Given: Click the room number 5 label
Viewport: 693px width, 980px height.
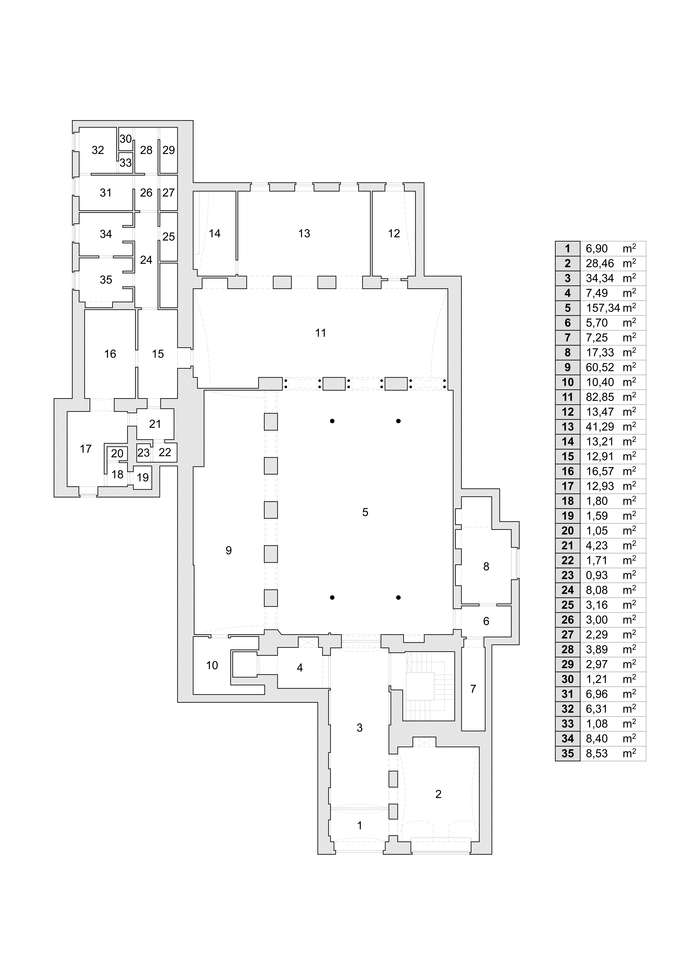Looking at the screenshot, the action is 365,512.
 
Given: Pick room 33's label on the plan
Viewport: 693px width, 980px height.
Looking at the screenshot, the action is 125,163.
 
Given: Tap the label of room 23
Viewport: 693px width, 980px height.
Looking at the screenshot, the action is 143,452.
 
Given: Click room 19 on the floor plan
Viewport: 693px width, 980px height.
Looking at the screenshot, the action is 143,477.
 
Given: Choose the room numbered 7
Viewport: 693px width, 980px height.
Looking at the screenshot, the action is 473,689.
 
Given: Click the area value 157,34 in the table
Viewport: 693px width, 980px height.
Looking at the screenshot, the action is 603,308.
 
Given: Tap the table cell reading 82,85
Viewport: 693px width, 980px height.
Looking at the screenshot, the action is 600,397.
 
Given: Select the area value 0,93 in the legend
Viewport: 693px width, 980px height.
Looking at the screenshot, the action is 597,575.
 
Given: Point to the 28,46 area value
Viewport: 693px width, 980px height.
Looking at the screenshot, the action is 600,263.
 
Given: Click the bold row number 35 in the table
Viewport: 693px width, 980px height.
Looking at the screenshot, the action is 568,753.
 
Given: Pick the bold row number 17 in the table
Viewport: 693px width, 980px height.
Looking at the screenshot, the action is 568,486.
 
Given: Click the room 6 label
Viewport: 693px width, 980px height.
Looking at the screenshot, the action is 486,622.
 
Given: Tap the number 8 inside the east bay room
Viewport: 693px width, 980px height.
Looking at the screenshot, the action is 486,567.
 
